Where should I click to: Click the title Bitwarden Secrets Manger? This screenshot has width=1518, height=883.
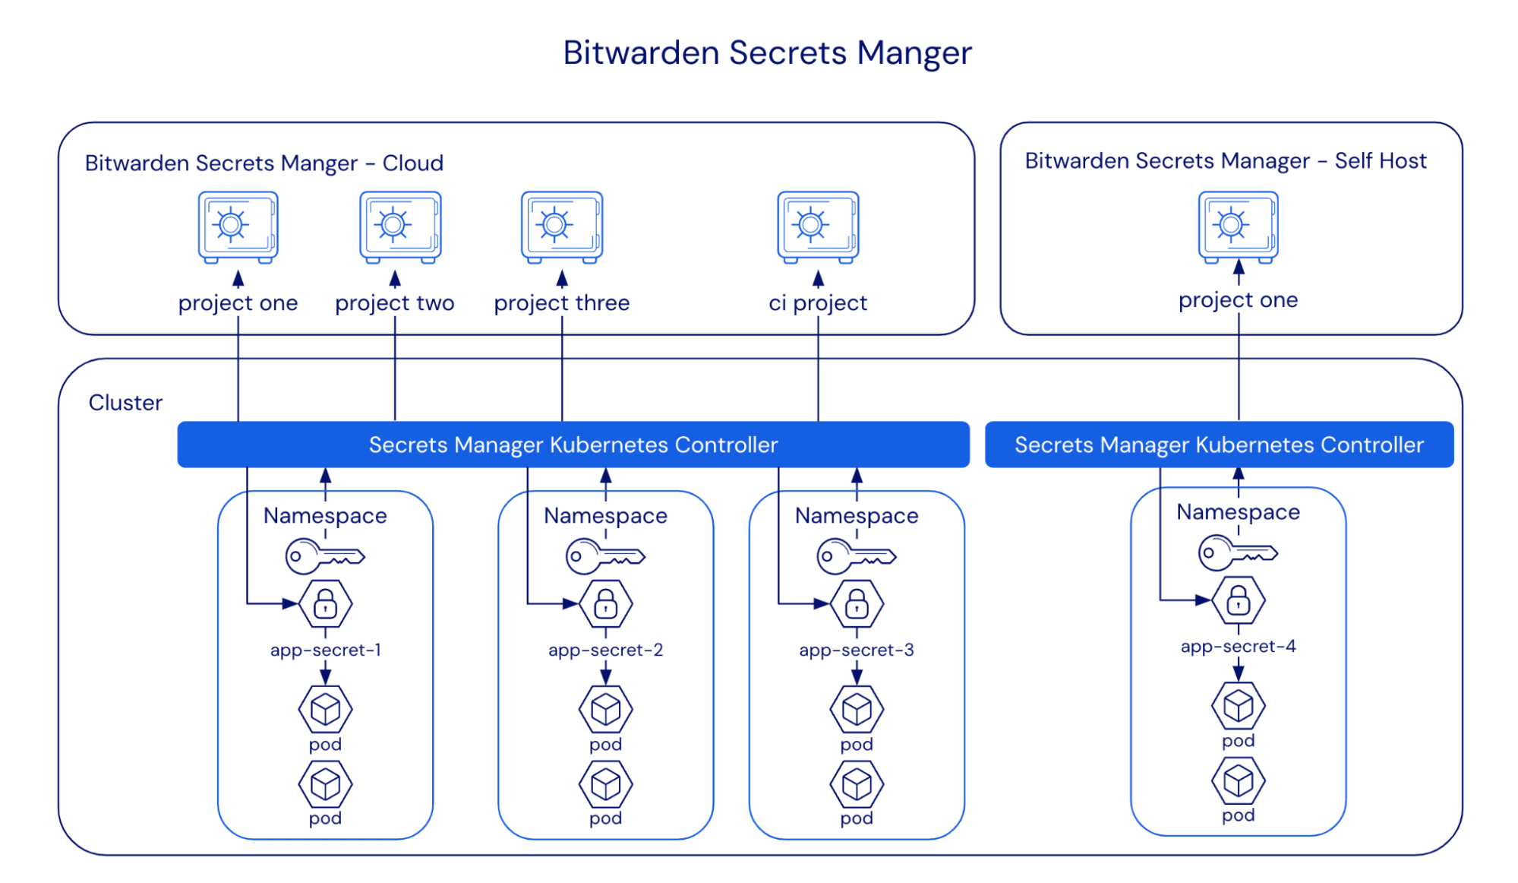[767, 53]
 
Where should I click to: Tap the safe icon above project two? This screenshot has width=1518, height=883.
[400, 226]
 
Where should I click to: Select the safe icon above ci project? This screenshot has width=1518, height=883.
[818, 226]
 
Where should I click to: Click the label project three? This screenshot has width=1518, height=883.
[561, 302]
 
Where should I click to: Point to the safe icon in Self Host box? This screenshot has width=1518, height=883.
[1238, 226]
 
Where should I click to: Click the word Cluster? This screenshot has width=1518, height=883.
[125, 402]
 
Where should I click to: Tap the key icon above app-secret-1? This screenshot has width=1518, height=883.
[325, 556]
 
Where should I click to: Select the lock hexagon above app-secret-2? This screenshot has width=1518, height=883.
[605, 604]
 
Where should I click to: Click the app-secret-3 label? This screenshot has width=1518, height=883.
[856, 650]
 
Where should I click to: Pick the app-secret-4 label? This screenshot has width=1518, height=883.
[1238, 646]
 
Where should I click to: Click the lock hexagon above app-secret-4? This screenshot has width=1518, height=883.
[1238, 600]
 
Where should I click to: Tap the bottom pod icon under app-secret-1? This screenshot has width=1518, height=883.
[325, 784]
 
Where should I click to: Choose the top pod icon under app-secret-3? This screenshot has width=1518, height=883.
[856, 709]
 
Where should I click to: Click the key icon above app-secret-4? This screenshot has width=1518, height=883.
[1238, 552]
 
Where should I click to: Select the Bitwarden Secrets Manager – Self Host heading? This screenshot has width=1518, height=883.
[1225, 161]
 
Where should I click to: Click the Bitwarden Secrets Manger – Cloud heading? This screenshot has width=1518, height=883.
[264, 163]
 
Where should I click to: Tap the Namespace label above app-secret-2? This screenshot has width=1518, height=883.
[605, 515]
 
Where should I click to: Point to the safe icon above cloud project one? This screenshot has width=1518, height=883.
[238, 226]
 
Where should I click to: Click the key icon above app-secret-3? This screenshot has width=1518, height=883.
[856, 556]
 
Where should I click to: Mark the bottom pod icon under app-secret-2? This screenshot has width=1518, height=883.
[605, 784]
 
